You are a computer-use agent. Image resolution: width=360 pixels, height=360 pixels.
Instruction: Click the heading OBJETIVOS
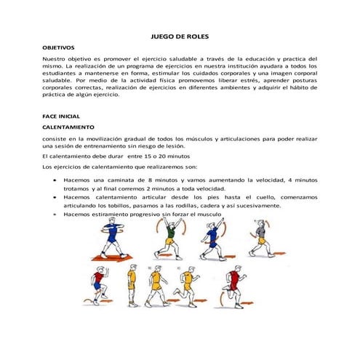59,47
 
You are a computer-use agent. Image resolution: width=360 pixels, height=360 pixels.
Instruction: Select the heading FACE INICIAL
61,116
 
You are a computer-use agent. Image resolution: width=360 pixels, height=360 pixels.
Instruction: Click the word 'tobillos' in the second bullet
119,206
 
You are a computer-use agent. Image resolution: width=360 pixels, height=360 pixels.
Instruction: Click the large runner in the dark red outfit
233,285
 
